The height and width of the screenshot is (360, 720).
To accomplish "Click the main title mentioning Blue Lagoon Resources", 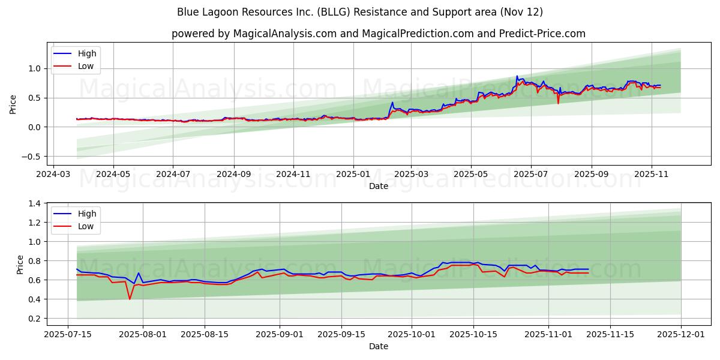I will (x=360, y=12).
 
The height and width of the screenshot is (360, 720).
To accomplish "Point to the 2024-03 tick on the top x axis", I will (x=54, y=174).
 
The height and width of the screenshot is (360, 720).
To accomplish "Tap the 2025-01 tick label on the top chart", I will (x=353, y=174).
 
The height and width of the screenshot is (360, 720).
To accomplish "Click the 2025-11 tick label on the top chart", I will (x=652, y=174).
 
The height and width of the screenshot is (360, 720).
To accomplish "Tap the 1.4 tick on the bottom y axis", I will (x=35, y=203).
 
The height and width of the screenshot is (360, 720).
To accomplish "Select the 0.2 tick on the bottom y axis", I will (x=35, y=319).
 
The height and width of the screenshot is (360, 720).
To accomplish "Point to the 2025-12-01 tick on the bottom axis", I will (x=681, y=334).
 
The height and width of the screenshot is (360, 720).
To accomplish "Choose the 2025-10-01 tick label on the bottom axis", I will (x=412, y=334).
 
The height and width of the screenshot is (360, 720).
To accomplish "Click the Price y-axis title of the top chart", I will (x=13, y=104).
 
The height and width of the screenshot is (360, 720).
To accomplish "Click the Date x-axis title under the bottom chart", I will (x=378, y=346).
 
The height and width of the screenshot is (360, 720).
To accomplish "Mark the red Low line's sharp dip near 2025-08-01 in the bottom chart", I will (x=130, y=299).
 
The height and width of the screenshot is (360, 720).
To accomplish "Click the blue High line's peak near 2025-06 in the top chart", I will (x=517, y=76).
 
